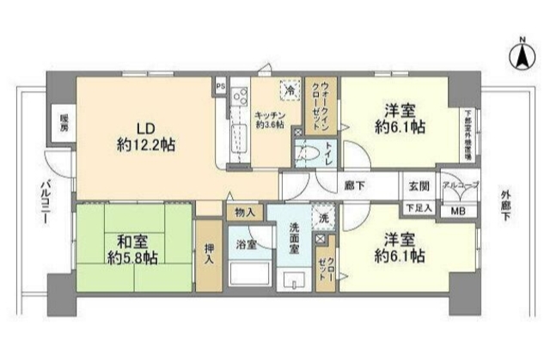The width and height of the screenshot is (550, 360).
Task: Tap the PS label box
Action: [x=220, y=87]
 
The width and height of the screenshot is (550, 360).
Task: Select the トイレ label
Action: [x=330, y=148]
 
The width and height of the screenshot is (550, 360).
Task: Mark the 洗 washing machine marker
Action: [x=321, y=217]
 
